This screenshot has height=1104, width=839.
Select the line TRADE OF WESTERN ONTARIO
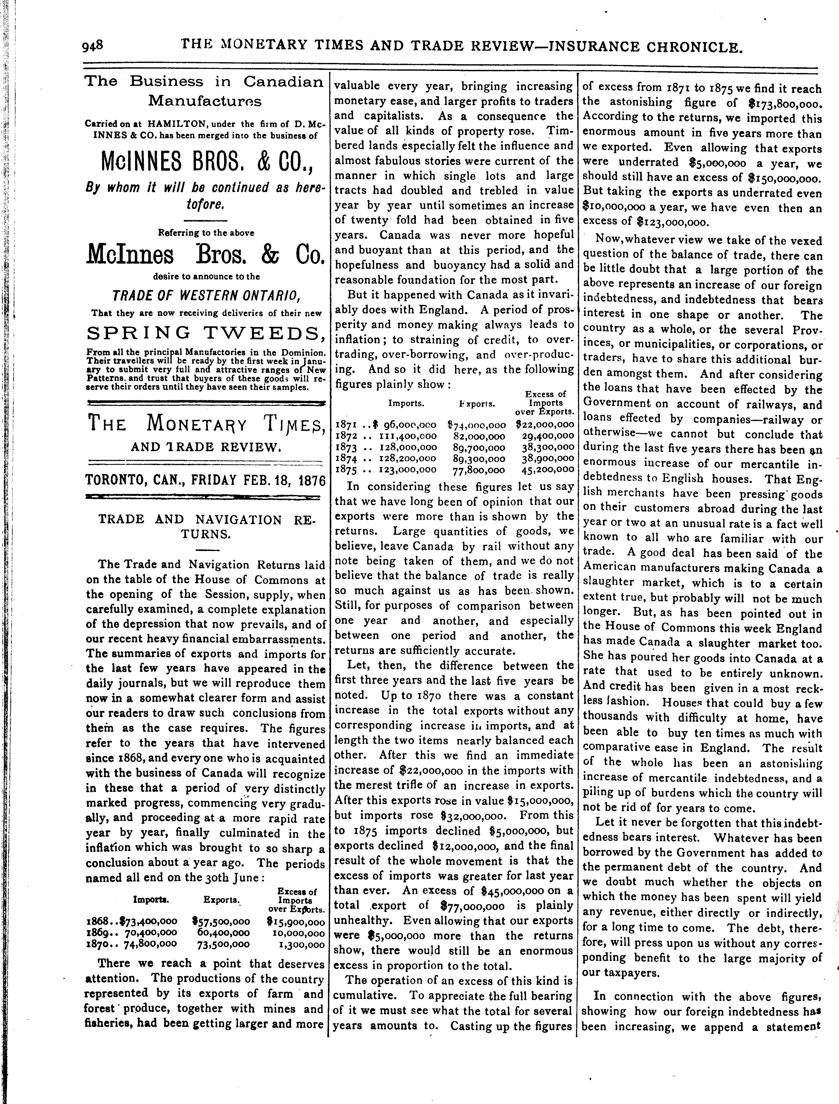click(x=205, y=296)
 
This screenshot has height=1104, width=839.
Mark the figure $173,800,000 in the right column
click(x=785, y=104)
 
